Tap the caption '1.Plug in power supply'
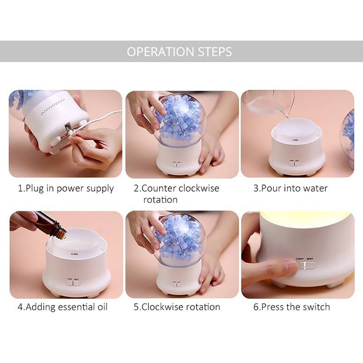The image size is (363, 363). click(x=66, y=189)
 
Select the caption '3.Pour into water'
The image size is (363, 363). click(x=290, y=188)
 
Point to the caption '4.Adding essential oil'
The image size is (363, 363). click(x=63, y=307)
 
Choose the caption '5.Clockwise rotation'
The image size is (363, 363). click(x=177, y=307)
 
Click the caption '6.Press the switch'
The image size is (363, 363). click(x=291, y=307)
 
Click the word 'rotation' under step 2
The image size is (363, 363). click(x=160, y=200)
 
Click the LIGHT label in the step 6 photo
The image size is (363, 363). click(x=299, y=259)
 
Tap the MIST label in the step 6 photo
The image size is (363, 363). click(x=310, y=259)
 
